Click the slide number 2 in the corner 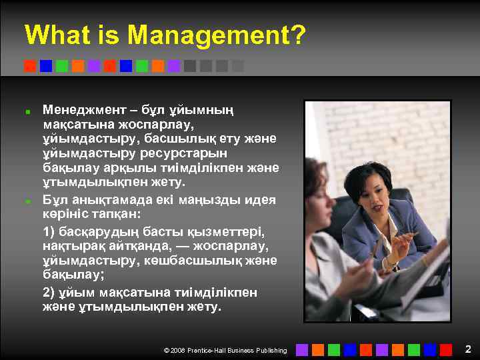tap(468, 349)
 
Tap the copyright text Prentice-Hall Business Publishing tap(237, 350)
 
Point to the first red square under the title tap(30, 66)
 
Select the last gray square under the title tap(238, 66)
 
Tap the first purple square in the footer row tap(302, 349)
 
